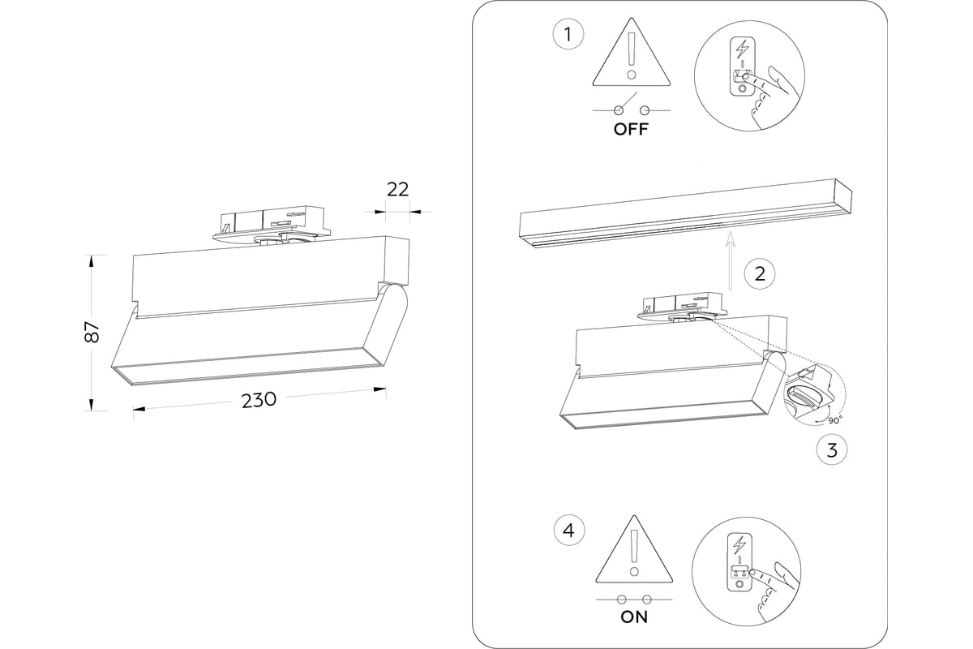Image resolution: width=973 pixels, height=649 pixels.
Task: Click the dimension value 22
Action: tap(397, 189)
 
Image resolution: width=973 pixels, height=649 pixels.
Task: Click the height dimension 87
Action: tap(92, 331)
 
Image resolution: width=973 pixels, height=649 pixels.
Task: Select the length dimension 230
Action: tap(259, 400)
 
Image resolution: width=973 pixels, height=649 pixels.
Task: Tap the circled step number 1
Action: tap(568, 35)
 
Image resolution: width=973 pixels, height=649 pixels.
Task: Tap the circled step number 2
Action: tap(759, 273)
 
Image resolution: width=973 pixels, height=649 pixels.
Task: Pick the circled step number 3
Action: tap(832, 449)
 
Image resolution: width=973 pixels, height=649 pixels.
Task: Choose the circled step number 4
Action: tap(568, 531)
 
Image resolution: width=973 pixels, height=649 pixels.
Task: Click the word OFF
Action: tap(631, 130)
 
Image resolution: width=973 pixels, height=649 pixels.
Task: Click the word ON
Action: tap(634, 617)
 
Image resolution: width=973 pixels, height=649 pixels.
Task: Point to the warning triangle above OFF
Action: tap(632, 55)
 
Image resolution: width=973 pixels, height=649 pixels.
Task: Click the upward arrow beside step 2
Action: tap(730, 260)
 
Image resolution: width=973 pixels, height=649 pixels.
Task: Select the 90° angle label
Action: tap(835, 420)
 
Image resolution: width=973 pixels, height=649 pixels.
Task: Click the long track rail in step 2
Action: tap(685, 213)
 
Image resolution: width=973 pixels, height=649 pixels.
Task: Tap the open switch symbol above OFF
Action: tap(632, 109)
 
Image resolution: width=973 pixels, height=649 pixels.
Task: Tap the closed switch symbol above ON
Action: tap(634, 600)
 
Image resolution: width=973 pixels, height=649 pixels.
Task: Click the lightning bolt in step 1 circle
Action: tap(741, 48)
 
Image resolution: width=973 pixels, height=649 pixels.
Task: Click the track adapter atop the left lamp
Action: tap(271, 225)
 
